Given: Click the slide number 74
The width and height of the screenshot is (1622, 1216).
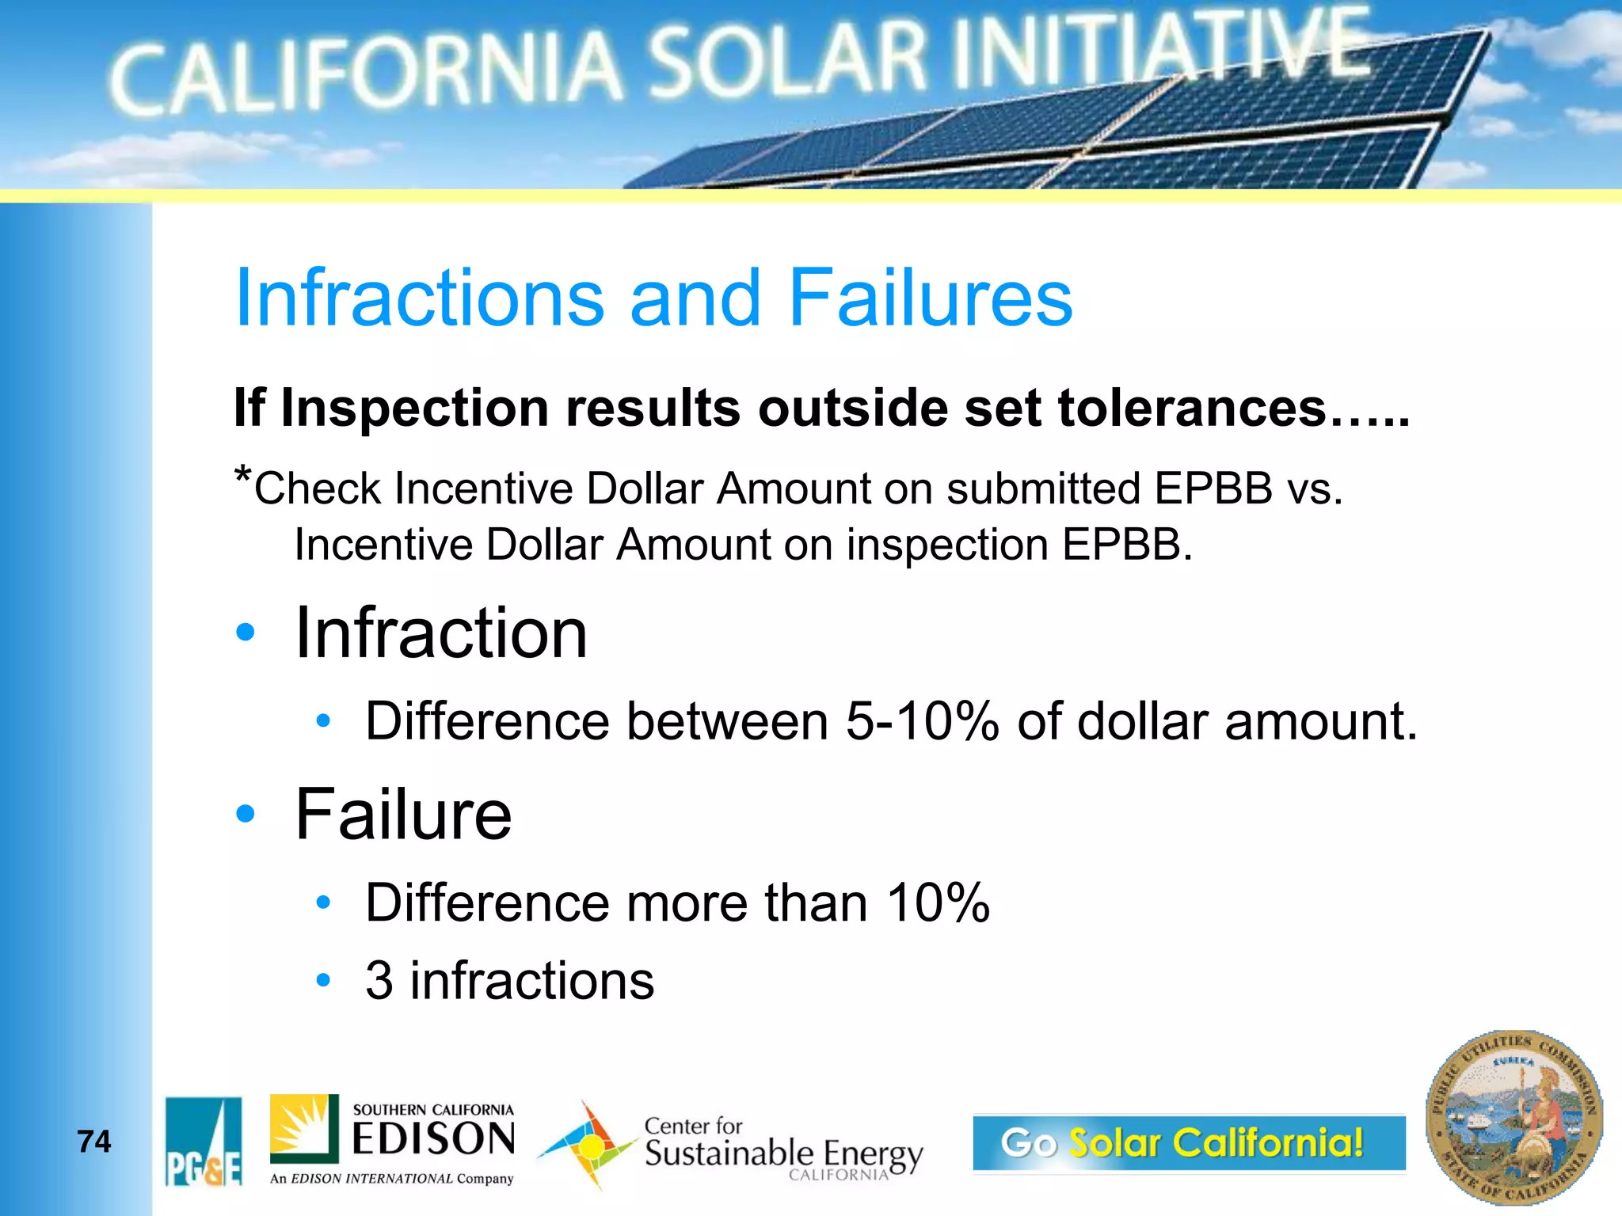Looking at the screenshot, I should pos(94,1142).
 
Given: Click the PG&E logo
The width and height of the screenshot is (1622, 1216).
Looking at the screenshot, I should pos(204,1142).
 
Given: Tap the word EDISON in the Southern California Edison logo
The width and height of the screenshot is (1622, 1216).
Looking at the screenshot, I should pos(433,1140).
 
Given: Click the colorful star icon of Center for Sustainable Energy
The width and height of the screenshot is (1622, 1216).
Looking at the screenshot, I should pos(587,1145).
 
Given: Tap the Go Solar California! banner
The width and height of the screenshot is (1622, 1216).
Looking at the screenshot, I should pos(1188,1142).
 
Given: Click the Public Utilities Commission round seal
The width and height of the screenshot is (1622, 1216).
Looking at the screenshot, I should pos(1513,1118).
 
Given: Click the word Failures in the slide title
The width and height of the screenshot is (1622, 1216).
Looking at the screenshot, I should pos(930,298).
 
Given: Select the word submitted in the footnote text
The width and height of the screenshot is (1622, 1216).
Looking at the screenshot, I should pos(1043,488).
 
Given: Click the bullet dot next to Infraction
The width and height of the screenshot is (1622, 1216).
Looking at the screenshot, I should pos(246,632).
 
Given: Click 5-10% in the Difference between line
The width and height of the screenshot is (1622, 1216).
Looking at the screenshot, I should pos(921,721).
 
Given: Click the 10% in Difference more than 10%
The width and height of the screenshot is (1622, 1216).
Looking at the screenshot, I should pos(938,902).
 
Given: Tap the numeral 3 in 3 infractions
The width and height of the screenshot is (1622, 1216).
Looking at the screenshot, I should pos(379,980).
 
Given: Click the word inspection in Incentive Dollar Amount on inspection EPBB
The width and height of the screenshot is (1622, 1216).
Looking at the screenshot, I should pos(947,545).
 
